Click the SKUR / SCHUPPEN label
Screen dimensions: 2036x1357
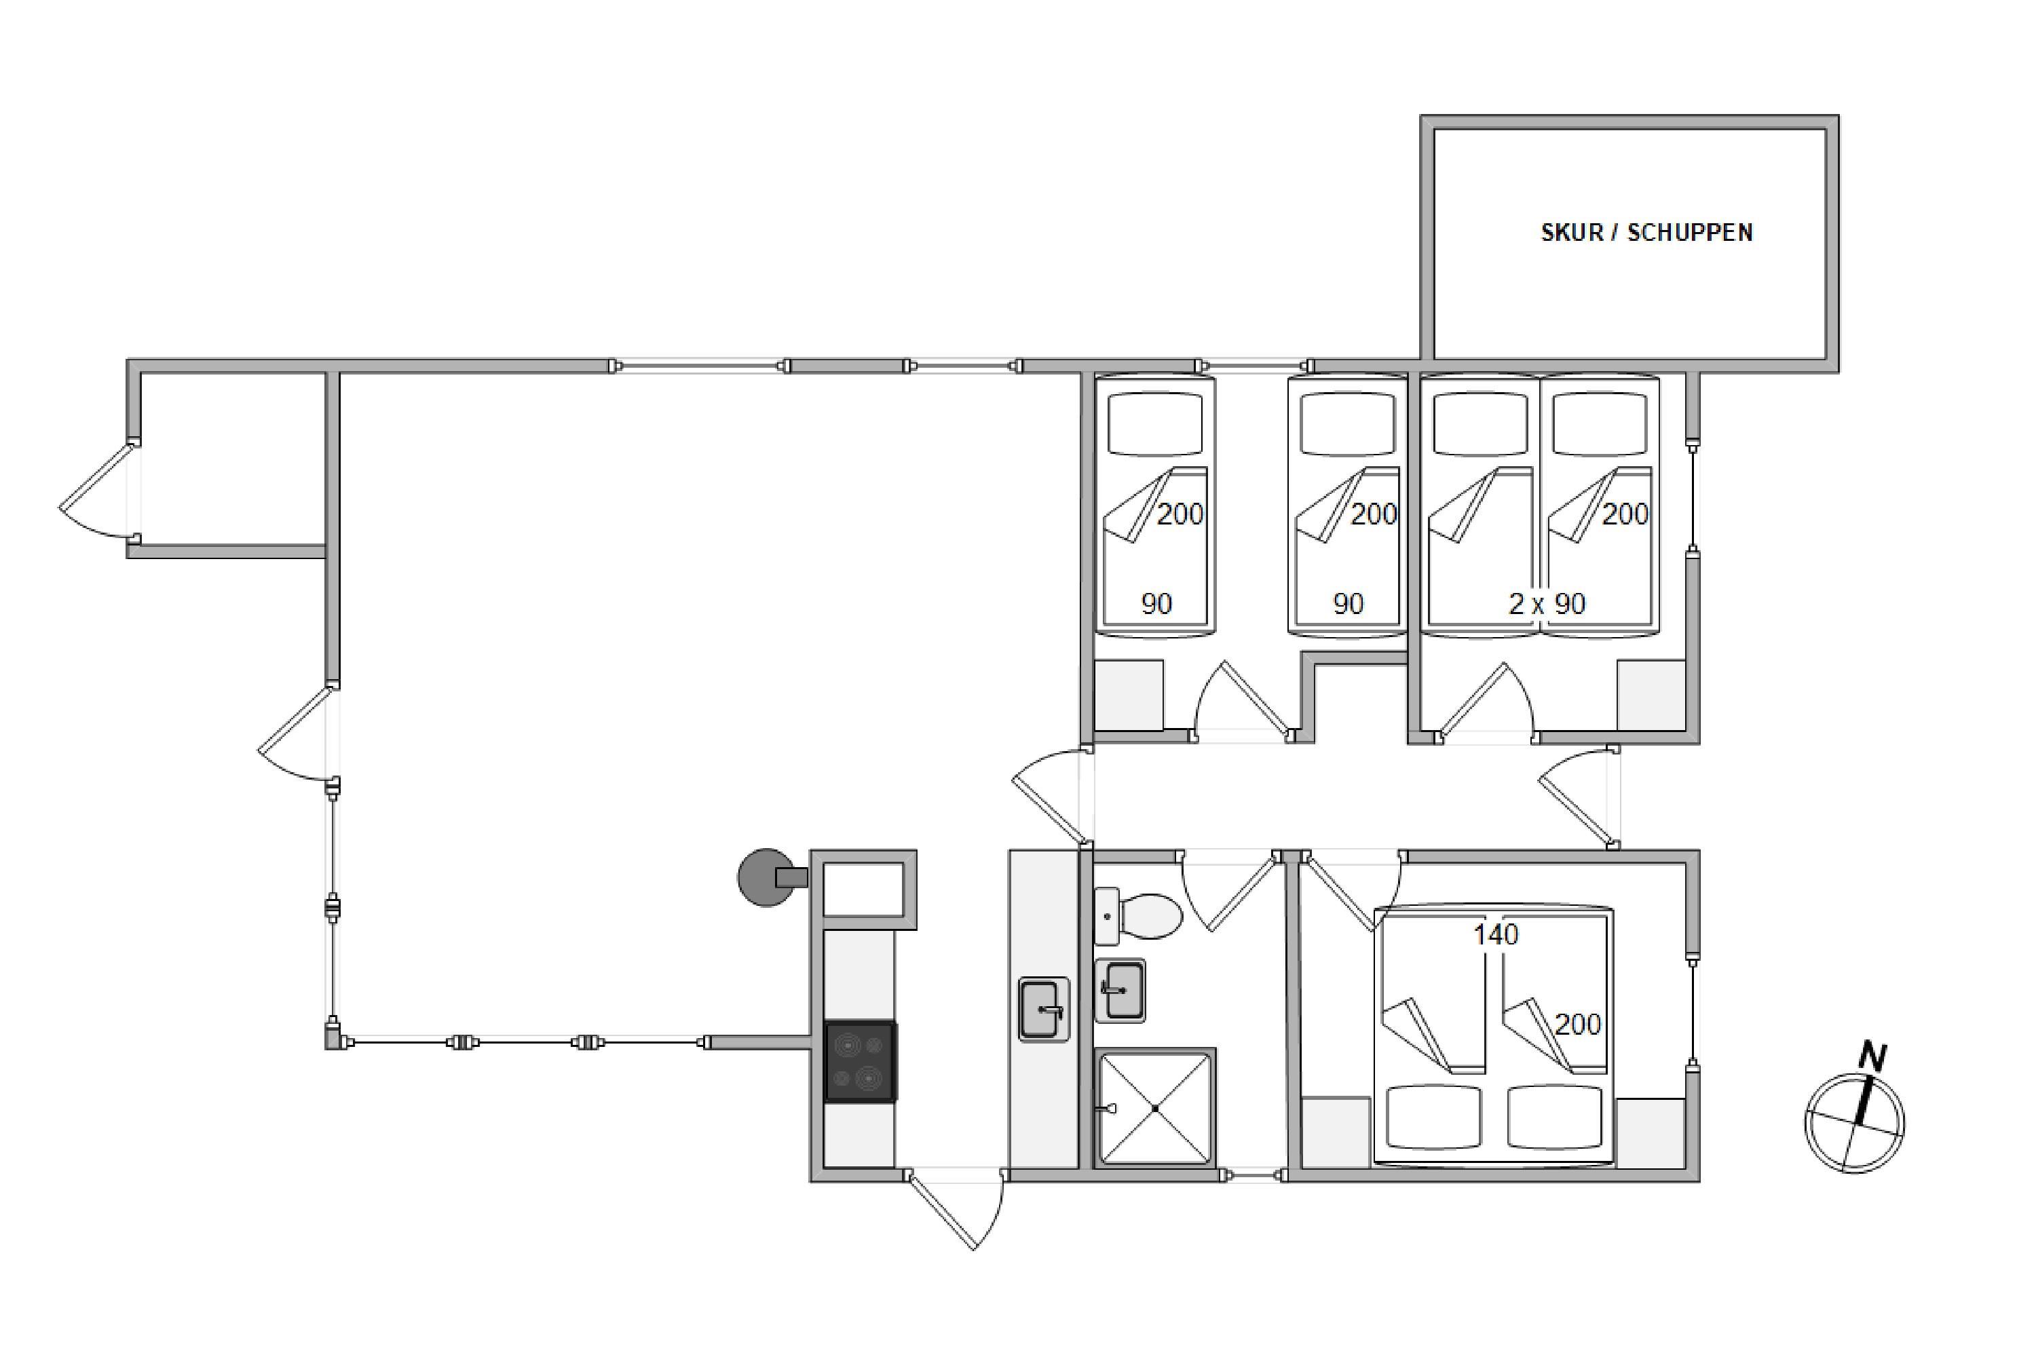(1646, 233)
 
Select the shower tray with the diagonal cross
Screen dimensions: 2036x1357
(1155, 1108)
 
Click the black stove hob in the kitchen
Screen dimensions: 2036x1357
(861, 1062)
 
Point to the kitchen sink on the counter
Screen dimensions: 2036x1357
(1044, 1009)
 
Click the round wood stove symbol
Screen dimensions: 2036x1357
(766, 877)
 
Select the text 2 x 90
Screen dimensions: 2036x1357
(1547, 603)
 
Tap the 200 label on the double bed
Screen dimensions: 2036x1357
(1577, 1025)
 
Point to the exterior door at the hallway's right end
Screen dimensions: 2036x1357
(1577, 796)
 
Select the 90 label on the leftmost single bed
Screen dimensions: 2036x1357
(1156, 603)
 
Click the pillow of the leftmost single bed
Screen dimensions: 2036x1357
(1156, 424)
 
